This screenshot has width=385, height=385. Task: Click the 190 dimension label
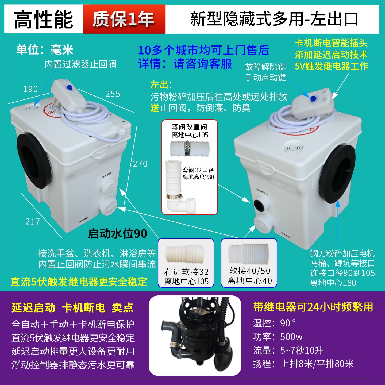tap(30, 89)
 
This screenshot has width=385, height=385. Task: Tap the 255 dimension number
tap(113, 94)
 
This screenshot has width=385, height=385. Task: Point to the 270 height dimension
tap(140, 164)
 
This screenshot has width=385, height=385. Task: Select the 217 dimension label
tap(33, 221)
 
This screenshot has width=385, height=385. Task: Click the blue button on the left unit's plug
tap(70, 87)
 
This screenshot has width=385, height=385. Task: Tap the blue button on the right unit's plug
tap(313, 98)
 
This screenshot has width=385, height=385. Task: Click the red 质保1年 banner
tap(124, 19)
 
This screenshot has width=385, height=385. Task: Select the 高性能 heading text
tap(43, 19)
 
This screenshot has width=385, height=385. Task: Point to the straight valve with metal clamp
tap(190, 149)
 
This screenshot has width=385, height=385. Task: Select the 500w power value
tap(291, 337)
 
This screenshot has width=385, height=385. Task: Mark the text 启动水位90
tap(117, 233)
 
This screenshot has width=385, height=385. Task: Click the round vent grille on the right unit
tap(293, 148)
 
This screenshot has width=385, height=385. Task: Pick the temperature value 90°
tap(288, 323)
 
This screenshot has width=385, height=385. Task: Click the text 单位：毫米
tap(45, 50)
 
